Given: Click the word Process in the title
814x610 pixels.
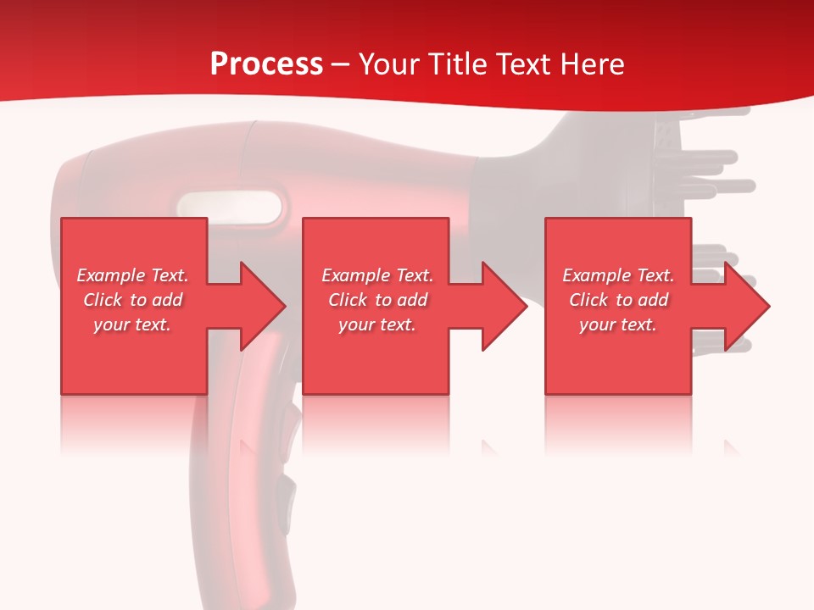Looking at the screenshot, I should click(x=266, y=64).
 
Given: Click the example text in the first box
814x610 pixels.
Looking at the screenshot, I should click(x=132, y=300).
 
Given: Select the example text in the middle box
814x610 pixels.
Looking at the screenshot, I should click(x=377, y=300).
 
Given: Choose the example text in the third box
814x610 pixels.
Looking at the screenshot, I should click(x=618, y=300).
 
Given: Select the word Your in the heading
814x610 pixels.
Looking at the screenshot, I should click(x=388, y=64).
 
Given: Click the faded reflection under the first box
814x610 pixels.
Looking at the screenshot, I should click(x=133, y=424).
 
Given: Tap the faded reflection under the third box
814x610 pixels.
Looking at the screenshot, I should click(x=617, y=424).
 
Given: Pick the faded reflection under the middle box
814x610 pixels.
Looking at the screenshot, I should click(x=376, y=424).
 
